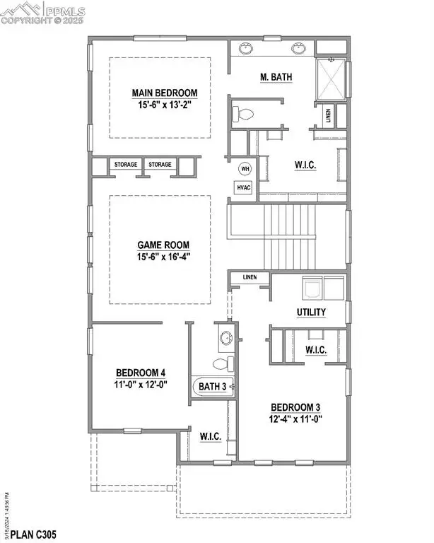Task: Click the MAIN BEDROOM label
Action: [164, 93]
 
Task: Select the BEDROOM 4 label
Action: [141, 373]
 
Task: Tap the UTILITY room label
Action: [310, 312]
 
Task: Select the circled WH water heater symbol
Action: [245, 169]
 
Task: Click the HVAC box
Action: [245, 187]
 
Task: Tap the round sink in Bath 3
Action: [225, 337]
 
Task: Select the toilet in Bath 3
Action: [223, 363]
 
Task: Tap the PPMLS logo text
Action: [67, 10]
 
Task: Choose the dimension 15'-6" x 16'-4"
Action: [164, 257]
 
